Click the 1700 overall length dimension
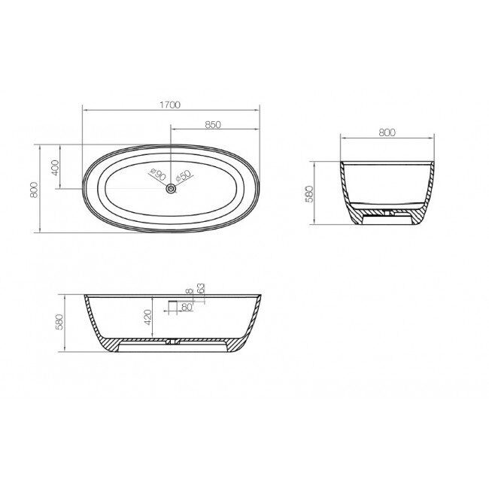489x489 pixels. [x=170, y=105]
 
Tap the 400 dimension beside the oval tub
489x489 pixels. [x=55, y=166]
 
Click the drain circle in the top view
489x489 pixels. [x=172, y=188]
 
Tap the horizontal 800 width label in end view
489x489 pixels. [x=387, y=132]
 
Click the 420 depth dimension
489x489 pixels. [x=148, y=316]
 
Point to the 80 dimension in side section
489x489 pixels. [x=185, y=307]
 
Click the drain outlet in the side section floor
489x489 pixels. [x=173, y=342]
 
